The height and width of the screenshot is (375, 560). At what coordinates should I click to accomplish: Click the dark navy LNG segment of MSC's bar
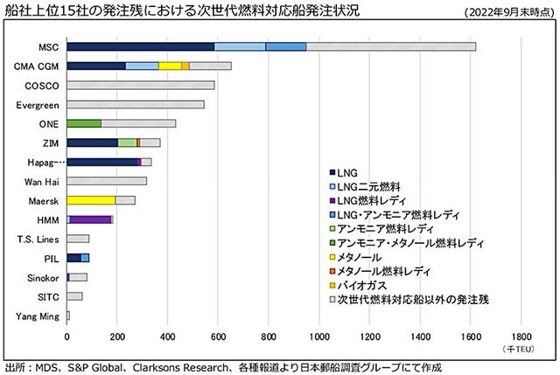[140, 46]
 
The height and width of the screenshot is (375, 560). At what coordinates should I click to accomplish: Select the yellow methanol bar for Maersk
[91, 200]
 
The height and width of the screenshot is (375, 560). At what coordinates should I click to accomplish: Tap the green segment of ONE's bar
[84, 123]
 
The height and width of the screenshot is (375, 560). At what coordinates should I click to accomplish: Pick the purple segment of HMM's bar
[91, 219]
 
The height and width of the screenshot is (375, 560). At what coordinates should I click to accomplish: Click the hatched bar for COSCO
[140, 85]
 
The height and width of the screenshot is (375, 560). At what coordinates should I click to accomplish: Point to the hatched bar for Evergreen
[136, 104]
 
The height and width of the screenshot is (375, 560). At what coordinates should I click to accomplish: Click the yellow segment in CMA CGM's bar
[170, 66]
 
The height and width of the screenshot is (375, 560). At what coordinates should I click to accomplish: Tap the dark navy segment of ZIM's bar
[92, 142]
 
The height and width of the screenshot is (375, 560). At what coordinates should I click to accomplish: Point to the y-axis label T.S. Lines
[38, 239]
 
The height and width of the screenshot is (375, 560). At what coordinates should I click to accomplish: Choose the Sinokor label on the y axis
[41, 277]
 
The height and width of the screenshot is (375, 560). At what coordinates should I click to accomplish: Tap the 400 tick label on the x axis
[168, 334]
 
